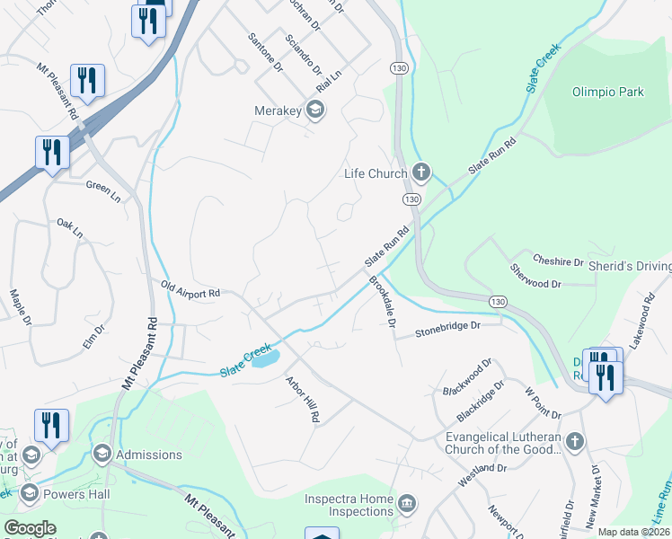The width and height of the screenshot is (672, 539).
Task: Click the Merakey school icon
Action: point(314,110)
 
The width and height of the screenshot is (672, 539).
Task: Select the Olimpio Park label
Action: point(608,92)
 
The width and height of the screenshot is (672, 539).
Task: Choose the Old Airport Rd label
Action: point(190,291)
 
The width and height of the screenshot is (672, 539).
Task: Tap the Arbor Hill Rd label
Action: point(302,399)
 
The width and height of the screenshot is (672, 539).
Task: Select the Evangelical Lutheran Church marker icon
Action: point(575,442)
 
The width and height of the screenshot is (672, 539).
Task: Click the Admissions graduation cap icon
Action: point(102,455)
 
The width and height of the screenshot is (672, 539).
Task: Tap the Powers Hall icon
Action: point(29,492)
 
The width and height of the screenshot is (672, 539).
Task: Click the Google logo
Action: point(30,528)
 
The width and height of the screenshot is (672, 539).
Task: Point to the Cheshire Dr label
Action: point(558,261)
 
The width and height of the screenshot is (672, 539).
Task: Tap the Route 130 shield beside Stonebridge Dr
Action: point(499,300)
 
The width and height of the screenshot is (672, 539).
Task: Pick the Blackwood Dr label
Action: point(468,376)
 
